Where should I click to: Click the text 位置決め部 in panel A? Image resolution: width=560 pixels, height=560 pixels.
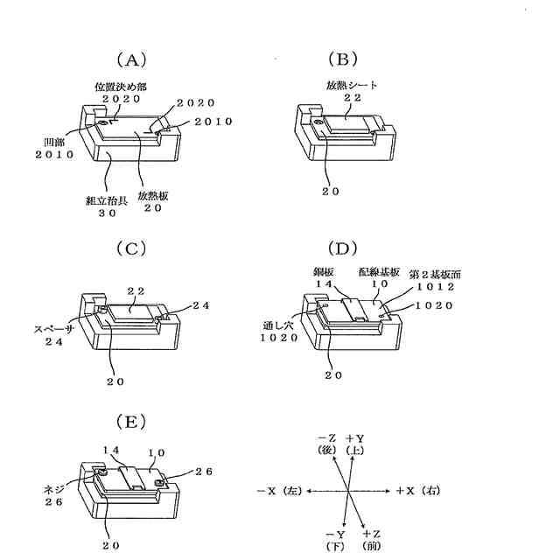click(x=119, y=87)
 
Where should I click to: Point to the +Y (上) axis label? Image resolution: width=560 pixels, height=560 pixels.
click(x=357, y=444)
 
